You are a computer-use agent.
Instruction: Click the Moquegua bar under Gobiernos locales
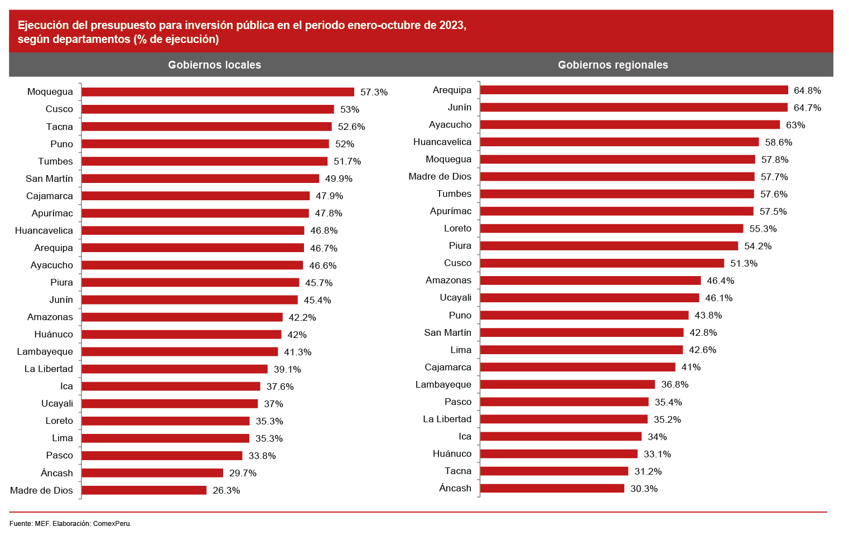pyautogui.click(x=218, y=92)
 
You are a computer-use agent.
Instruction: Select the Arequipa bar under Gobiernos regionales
pyautogui.click(x=634, y=90)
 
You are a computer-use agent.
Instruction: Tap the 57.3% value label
pyautogui.click(x=374, y=92)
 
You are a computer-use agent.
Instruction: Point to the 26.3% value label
pyautogui.click(x=226, y=490)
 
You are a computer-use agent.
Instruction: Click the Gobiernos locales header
pyautogui.click(x=214, y=65)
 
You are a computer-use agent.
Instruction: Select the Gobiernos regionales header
pyautogui.click(x=612, y=65)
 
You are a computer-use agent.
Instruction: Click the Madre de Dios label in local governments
pyautogui.click(x=41, y=490)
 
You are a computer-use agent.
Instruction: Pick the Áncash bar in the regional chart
pyautogui.click(x=552, y=488)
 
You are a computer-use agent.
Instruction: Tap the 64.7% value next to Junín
pyautogui.click(x=807, y=108)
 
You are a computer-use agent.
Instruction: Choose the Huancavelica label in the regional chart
pyautogui.click(x=442, y=142)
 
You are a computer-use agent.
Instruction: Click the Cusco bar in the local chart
pyautogui.click(x=208, y=109)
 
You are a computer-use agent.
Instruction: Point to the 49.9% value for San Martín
pyautogui.click(x=339, y=178)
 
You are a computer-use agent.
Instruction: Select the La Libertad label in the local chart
pyautogui.click(x=49, y=369)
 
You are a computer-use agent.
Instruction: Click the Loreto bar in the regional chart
pyautogui.click(x=611, y=229)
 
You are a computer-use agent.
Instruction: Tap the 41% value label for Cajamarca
pyautogui.click(x=691, y=367)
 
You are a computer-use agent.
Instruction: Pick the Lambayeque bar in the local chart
pyautogui.click(x=180, y=351)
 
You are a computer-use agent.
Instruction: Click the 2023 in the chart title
pyautogui.click(x=451, y=25)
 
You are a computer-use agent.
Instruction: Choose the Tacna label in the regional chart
pyautogui.click(x=457, y=471)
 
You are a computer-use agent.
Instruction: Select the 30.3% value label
pyautogui.click(x=644, y=489)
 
